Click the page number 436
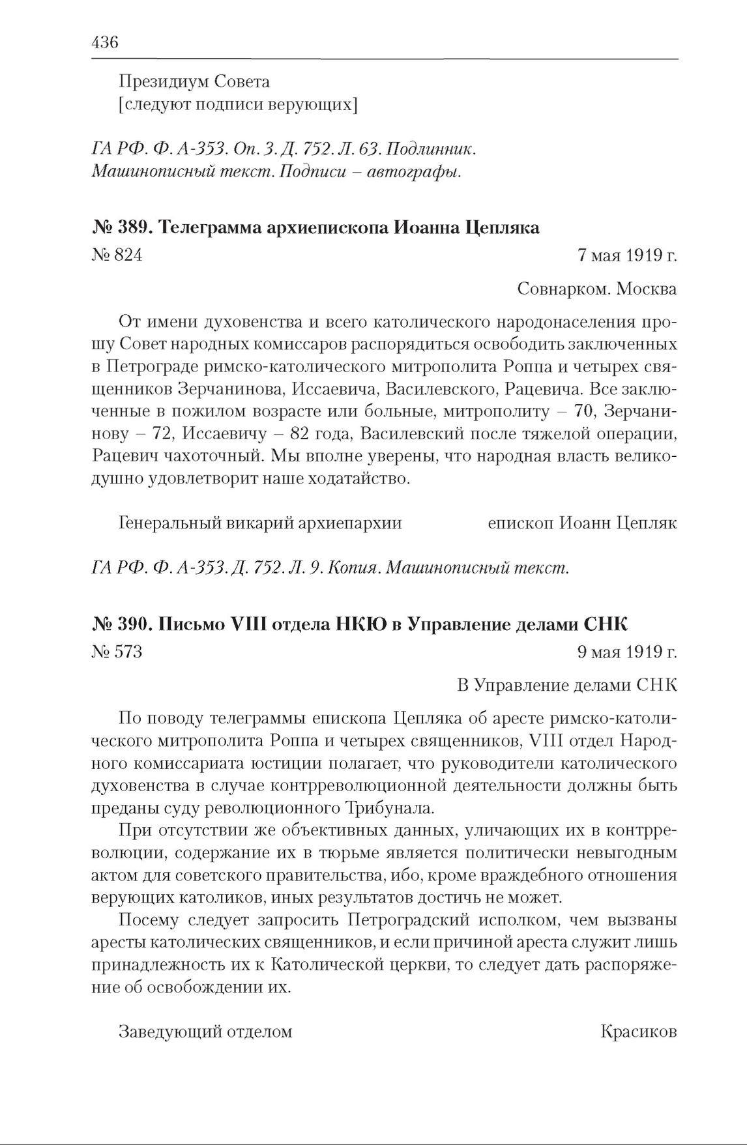click(x=105, y=43)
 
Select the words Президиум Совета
click(x=194, y=82)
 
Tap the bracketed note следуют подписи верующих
click(x=238, y=104)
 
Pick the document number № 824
click(x=117, y=255)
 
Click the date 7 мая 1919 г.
click(x=627, y=255)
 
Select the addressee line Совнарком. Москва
click(x=596, y=289)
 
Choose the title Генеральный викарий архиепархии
click(x=260, y=523)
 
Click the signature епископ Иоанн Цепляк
click(x=582, y=523)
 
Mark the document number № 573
click(x=117, y=652)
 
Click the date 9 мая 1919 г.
click(x=627, y=652)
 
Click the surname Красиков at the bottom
click(x=638, y=1032)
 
